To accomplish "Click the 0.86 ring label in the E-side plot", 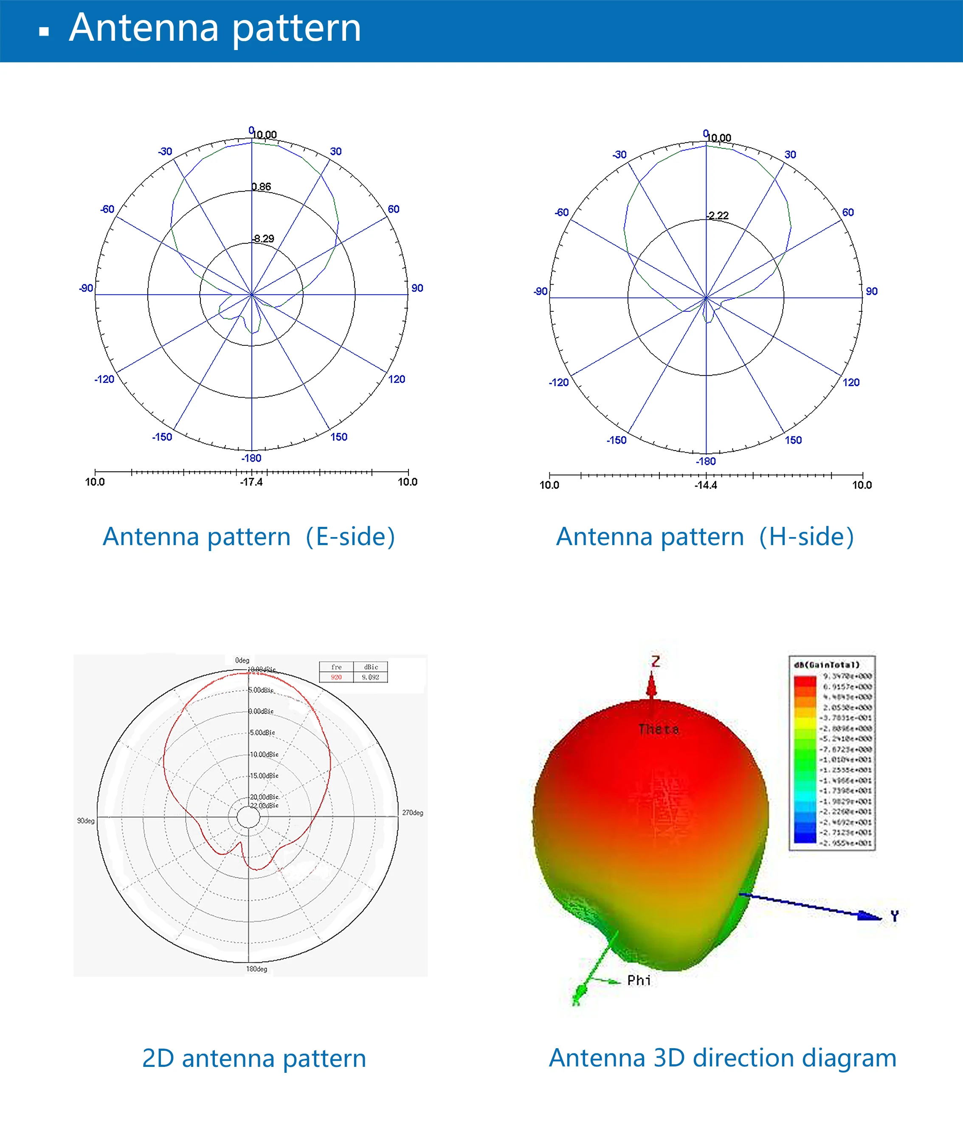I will (x=261, y=187).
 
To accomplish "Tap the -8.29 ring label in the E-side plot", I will (x=263, y=239).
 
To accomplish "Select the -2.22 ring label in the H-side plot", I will (x=718, y=215).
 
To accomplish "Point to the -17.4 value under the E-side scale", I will (x=251, y=482).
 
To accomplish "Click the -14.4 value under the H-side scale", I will (x=706, y=485).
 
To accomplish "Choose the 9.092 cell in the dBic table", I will (x=371, y=677).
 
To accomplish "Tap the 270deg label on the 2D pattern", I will (x=412, y=813).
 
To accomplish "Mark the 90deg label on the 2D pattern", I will (x=86, y=821).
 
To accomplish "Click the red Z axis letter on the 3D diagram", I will (x=656, y=661).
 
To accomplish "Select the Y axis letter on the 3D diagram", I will (x=895, y=916).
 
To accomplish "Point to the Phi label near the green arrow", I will (x=639, y=980).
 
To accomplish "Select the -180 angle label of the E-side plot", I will (x=251, y=458).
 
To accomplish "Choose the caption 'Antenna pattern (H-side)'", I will (x=705, y=537).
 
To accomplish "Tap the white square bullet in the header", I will (x=44, y=31).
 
